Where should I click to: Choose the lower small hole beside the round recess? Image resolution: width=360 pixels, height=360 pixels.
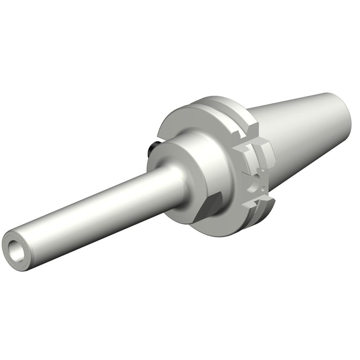click(263, 188)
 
